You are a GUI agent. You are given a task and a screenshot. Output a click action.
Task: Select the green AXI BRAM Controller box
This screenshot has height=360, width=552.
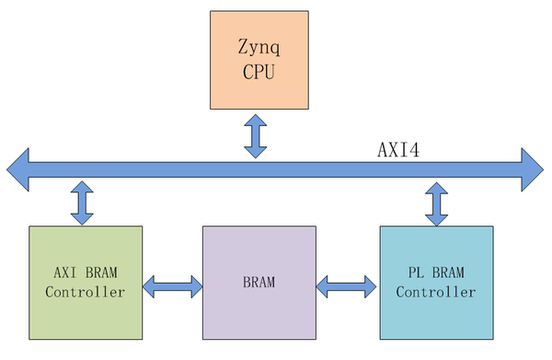86,283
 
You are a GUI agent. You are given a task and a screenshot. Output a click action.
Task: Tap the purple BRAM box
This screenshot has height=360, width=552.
258,283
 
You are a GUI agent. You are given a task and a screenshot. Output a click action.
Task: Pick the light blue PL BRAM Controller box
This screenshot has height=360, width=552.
437,283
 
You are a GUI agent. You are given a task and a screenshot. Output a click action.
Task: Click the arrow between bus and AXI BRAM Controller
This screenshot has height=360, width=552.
83,203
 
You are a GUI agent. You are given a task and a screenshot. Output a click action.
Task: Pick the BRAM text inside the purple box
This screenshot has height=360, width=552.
259,282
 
